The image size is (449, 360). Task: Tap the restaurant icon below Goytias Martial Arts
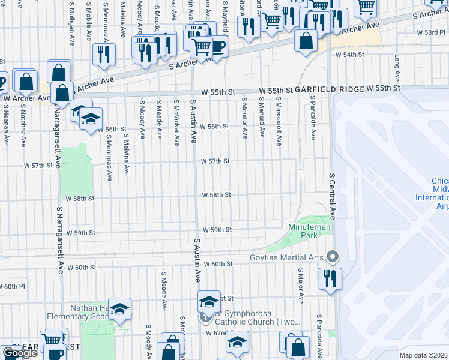[x=330, y=278]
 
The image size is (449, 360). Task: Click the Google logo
[x=20, y=353]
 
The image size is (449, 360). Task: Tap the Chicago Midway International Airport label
[x=439, y=194]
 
